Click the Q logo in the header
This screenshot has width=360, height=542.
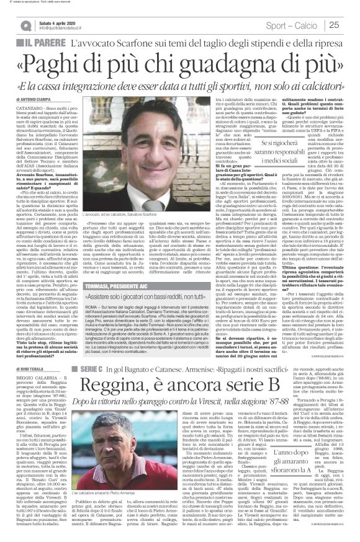pos(22,25)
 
